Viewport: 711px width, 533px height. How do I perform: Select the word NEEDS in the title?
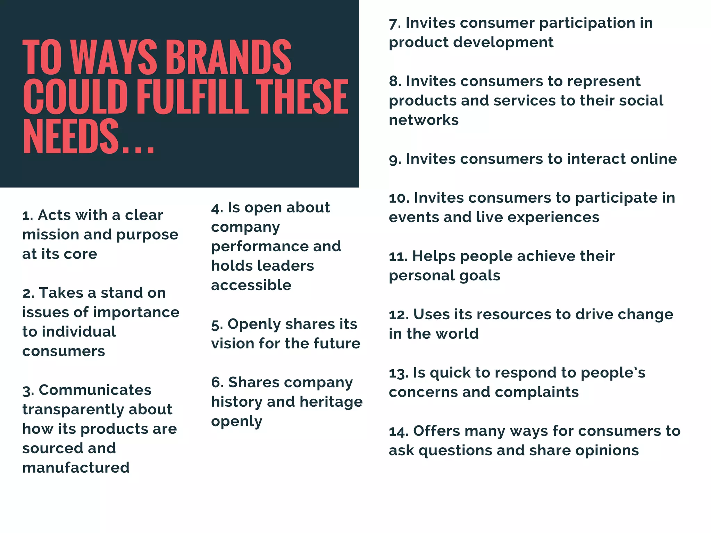pyautogui.click(x=71, y=136)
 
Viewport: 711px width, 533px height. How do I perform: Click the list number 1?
pyautogui.click(x=27, y=216)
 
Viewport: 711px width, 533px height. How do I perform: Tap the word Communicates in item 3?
pyautogui.click(x=95, y=390)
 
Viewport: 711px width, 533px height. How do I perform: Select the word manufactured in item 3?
pyautogui.click(x=76, y=468)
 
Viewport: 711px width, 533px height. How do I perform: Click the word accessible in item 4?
pyautogui.click(x=251, y=285)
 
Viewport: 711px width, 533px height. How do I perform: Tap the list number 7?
pyautogui.click(x=394, y=24)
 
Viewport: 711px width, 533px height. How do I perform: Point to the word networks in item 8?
pyautogui.click(x=424, y=120)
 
